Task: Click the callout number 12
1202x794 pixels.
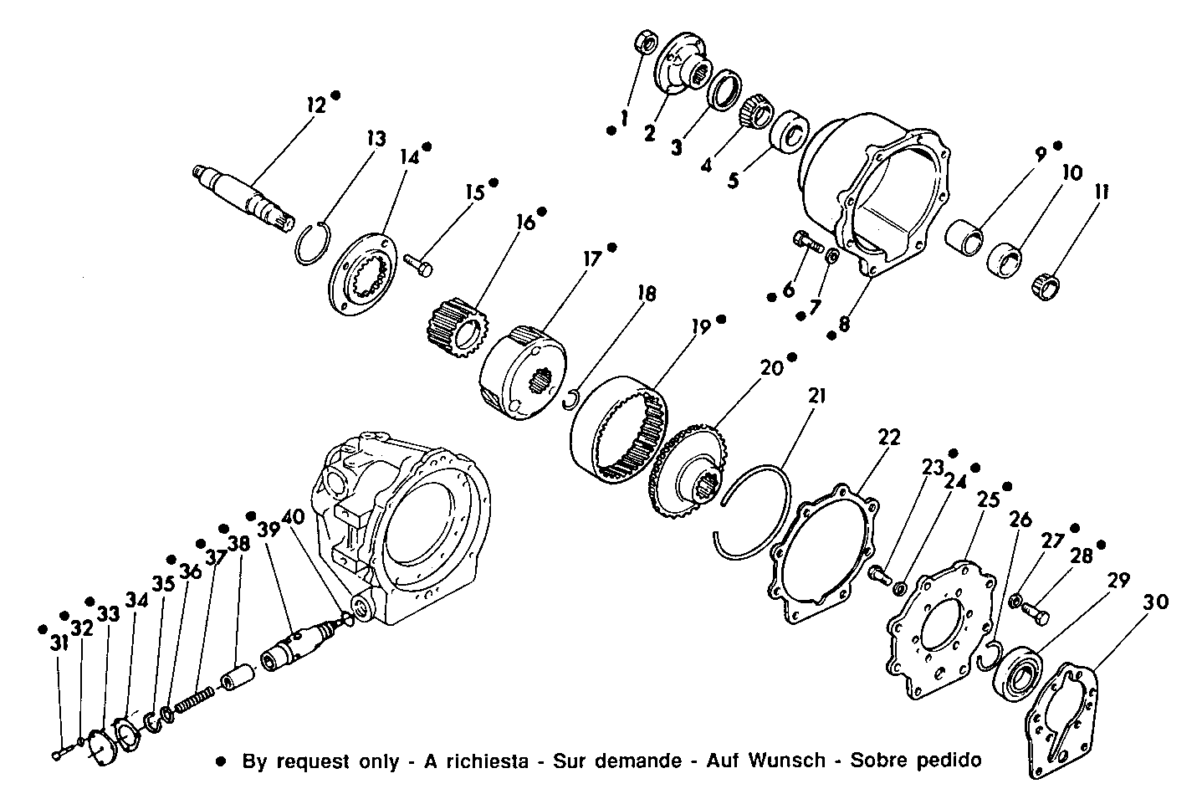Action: click(315, 105)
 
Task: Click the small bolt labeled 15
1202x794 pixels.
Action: click(419, 264)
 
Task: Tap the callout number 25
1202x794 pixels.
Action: click(989, 499)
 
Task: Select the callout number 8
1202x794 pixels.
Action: click(844, 323)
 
